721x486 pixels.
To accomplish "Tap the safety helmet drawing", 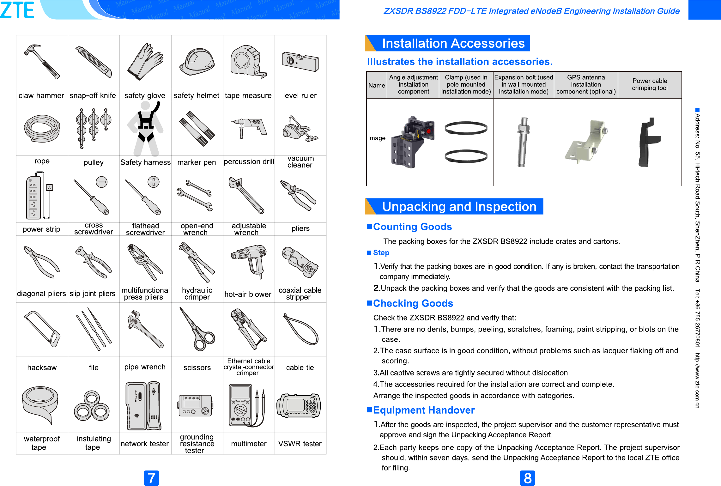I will (197, 62).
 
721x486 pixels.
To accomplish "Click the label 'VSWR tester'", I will (300, 444).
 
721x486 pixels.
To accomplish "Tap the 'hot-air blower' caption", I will (248, 294).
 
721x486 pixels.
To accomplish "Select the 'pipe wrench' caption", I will (145, 367).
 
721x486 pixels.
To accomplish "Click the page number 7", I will (151, 478).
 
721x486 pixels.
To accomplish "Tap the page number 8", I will (527, 478).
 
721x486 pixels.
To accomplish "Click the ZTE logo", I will (17, 10).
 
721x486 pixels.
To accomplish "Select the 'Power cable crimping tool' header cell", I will (650, 84).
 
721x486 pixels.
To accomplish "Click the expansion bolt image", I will (523, 142).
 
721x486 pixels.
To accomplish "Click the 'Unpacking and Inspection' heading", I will (459, 206).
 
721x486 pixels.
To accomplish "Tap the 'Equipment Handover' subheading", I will (423, 410).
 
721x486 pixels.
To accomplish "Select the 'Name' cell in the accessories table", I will (377, 85).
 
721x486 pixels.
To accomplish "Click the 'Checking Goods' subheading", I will (413, 303).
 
